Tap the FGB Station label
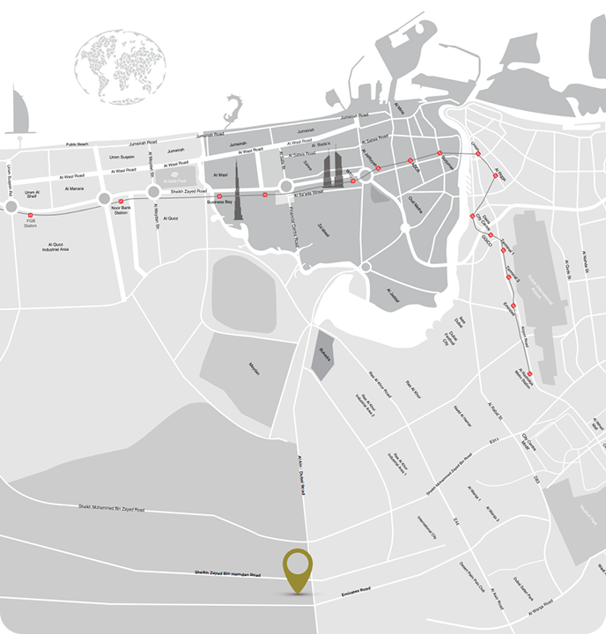tap(31, 224)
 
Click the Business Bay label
tap(218, 203)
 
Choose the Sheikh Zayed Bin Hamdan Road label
tap(227, 574)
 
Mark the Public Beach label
tap(78, 144)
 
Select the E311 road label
tap(494, 440)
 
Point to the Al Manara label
tap(74, 188)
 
